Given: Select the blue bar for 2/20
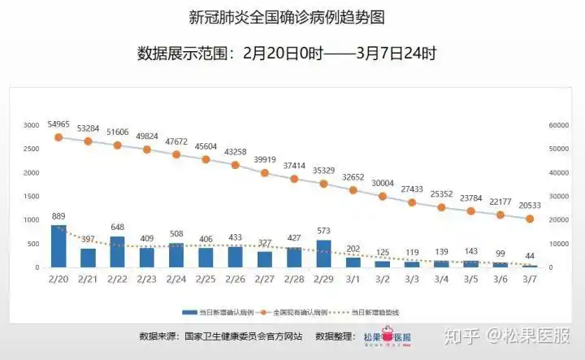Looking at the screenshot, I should tap(58, 246).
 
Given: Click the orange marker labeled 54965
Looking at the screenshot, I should tap(58, 137).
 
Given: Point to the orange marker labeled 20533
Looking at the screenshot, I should tap(530, 219).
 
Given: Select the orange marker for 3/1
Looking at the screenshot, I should tap(353, 190).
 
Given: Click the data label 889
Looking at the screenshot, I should tap(58, 216).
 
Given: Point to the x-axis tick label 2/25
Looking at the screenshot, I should tap(206, 279).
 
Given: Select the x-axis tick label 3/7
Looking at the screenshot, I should tap(530, 279).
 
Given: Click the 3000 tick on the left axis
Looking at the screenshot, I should tap(31, 125).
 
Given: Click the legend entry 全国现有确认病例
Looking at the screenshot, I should tap(300, 312).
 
